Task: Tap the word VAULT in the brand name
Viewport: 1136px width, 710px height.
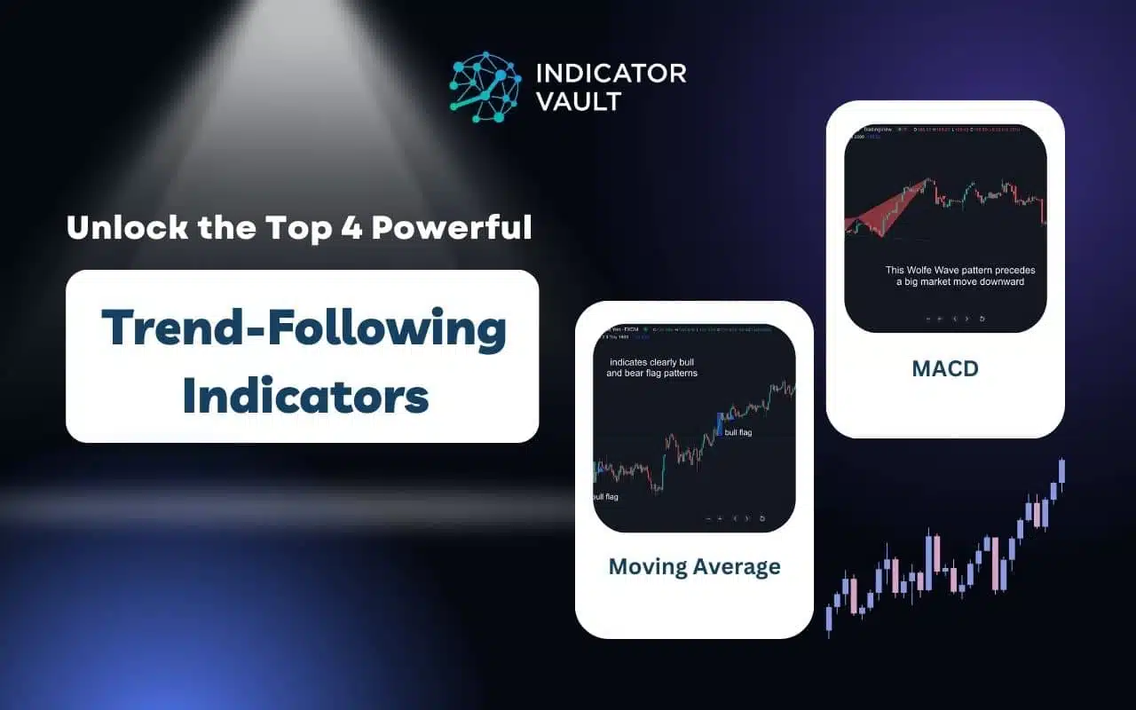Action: [x=577, y=101]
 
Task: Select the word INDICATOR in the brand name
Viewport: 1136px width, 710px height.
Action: [x=611, y=73]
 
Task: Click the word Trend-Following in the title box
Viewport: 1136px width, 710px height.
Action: [x=303, y=328]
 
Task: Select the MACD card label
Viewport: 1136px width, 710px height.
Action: [x=944, y=368]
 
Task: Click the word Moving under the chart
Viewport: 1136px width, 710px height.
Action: [x=644, y=566]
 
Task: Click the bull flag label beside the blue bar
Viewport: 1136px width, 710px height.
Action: [x=738, y=432]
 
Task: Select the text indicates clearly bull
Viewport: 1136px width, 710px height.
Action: [x=652, y=362]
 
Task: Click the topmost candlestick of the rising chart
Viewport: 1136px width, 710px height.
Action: [x=1061, y=470]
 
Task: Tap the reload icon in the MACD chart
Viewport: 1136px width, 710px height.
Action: [x=982, y=318]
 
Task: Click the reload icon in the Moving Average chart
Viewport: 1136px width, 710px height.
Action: [x=762, y=518]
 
